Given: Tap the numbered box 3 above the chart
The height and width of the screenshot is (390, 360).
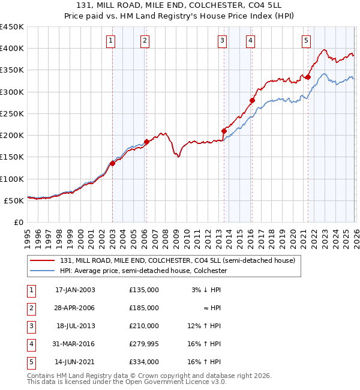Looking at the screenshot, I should (x=223, y=41).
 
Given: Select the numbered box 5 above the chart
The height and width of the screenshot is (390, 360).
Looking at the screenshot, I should (x=306, y=41).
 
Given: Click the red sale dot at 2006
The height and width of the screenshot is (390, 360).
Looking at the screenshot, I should (x=146, y=142).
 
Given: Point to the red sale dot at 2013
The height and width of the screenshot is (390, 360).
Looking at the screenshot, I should (x=224, y=131).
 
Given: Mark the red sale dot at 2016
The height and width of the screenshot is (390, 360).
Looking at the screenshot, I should (x=252, y=100).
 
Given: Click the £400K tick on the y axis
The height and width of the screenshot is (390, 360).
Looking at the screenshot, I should (x=12, y=49).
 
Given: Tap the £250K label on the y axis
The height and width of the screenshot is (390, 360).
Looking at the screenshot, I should (x=12, y=113).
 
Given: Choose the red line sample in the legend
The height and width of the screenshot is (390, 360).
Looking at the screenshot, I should (x=42, y=261).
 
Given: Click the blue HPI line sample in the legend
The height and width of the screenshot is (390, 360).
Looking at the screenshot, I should (x=42, y=271).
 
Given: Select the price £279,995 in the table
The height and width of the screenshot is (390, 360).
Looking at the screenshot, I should (x=143, y=344).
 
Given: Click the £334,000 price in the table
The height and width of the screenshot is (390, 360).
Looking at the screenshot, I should (x=143, y=362).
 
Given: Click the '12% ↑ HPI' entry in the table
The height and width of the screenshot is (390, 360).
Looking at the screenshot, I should (x=205, y=326).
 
